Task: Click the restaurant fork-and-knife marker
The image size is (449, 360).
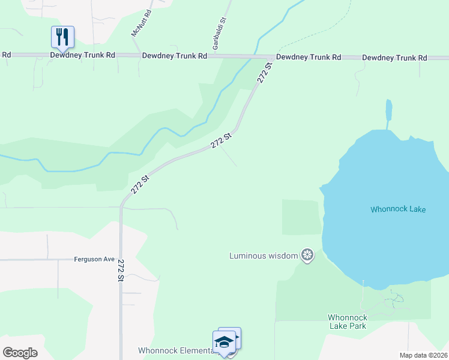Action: pyautogui.click(x=62, y=37)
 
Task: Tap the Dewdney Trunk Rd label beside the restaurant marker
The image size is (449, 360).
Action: pyautogui.click(x=82, y=55)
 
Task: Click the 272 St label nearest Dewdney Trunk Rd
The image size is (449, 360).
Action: pyautogui.click(x=265, y=72)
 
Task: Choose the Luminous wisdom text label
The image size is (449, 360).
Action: pyautogui.click(x=264, y=256)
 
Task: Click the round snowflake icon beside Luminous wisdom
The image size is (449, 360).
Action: pyautogui.click(x=307, y=256)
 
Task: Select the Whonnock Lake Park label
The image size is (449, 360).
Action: pyautogui.click(x=347, y=322)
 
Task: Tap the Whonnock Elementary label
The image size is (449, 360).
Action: pyautogui.click(x=174, y=350)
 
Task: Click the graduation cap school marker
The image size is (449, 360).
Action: pyautogui.click(x=224, y=343)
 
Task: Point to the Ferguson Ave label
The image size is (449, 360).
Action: pyautogui.click(x=94, y=259)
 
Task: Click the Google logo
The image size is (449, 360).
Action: pyautogui.click(x=20, y=353)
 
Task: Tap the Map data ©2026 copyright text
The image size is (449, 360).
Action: pyautogui.click(x=423, y=355)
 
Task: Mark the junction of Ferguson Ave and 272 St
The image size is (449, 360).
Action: pyautogui.click(x=121, y=260)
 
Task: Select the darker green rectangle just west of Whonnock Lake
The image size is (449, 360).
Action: pyautogui.click(x=301, y=217)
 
